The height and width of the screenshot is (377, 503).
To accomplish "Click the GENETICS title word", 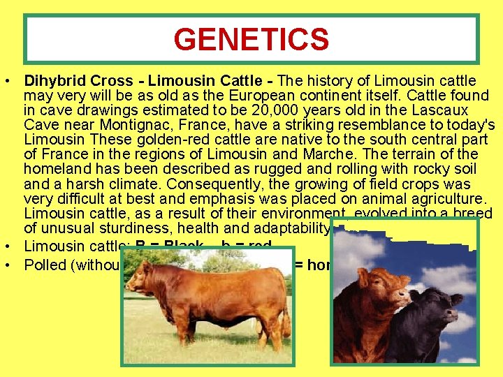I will (251, 40).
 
